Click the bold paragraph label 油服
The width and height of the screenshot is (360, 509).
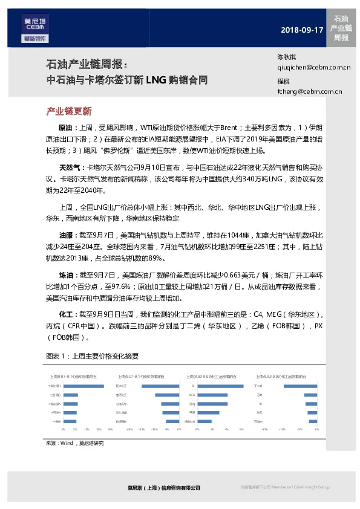point(65,233)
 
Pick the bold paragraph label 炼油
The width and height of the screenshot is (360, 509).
point(65,274)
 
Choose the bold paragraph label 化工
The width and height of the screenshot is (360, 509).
point(65,315)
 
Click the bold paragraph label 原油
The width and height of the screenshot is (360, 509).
point(65,128)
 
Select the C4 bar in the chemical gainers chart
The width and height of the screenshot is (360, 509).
point(221,386)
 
